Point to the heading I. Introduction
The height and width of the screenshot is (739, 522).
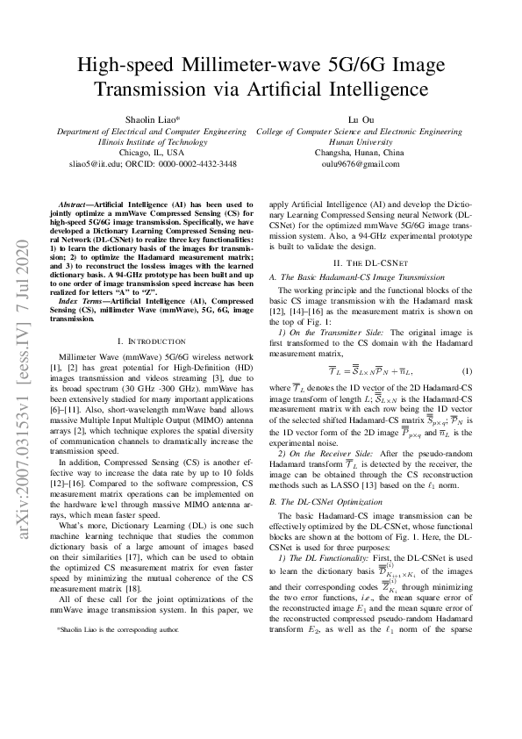152,341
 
